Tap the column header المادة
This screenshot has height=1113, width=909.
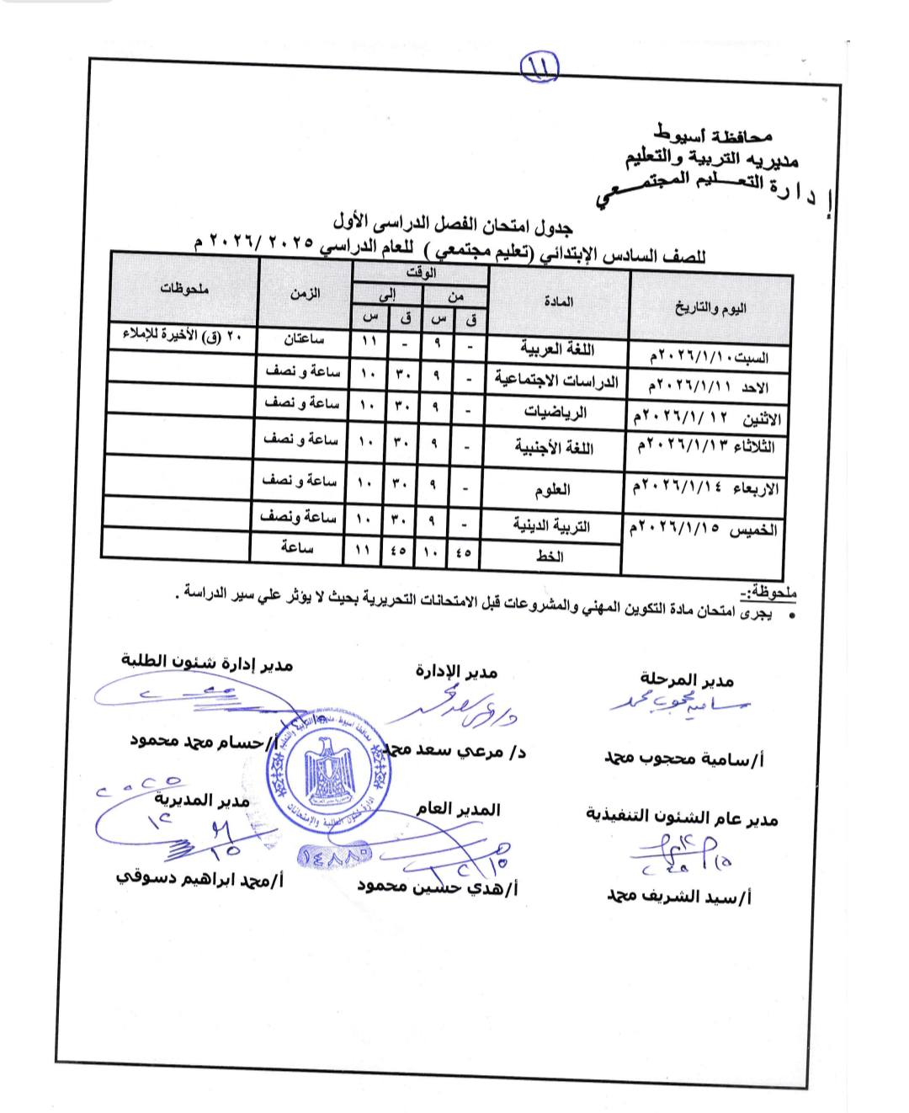(558, 301)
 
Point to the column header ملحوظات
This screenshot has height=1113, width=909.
(184, 289)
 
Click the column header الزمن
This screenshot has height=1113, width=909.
(305, 294)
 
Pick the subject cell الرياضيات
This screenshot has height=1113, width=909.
(555, 412)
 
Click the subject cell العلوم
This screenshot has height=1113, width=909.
(552, 489)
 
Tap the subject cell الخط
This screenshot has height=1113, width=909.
(549, 556)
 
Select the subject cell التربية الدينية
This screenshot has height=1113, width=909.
(552, 526)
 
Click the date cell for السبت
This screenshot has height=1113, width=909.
(708, 357)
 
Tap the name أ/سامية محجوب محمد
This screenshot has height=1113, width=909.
(683, 759)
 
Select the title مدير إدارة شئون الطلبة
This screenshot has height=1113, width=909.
(207, 663)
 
